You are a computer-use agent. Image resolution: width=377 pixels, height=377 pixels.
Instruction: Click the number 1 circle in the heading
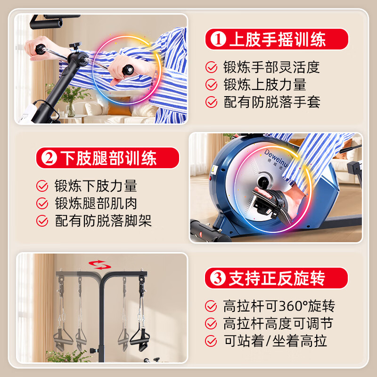[218, 39]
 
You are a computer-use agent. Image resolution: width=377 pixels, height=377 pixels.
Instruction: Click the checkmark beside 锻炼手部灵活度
[212, 67]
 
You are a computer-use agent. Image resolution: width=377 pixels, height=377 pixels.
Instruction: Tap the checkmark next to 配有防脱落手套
[212, 102]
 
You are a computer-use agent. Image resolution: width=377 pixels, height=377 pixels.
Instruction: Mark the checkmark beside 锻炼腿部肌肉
[43, 204]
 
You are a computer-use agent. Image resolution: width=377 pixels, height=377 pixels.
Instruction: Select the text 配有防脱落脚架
[103, 221]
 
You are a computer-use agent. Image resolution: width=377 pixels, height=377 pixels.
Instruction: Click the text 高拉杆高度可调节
[278, 324]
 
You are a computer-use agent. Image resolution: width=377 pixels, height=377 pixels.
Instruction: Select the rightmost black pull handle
[140, 335]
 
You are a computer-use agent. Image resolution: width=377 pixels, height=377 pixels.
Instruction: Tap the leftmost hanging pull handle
[61, 336]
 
